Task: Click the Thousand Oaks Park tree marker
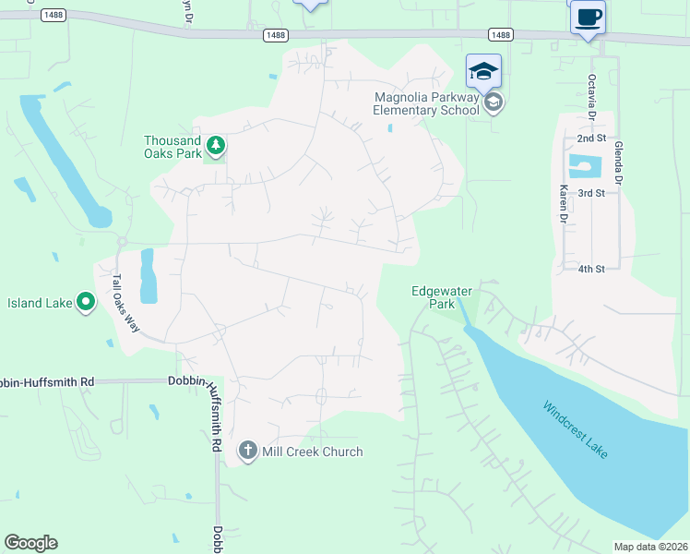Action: click(216, 145)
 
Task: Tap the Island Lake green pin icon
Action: click(86, 302)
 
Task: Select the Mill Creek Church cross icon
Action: click(247, 451)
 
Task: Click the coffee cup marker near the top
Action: click(588, 17)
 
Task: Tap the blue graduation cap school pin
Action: click(484, 70)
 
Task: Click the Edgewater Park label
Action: click(441, 296)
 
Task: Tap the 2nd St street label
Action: click(590, 138)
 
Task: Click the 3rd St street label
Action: click(590, 193)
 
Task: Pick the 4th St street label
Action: click(590, 269)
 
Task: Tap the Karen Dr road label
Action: click(562, 203)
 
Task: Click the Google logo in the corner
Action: click(30, 543)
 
